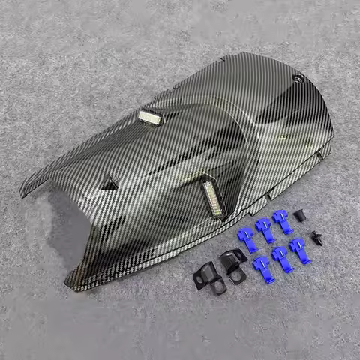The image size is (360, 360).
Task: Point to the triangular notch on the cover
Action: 110,182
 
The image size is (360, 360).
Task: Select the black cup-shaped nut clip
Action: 299,217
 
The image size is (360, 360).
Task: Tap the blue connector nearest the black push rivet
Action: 298,249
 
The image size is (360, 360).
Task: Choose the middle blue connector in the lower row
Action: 280,257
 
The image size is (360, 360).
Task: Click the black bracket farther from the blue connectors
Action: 205,278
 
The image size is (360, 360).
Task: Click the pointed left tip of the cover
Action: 22,193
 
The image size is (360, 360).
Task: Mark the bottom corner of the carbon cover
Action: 70,288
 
